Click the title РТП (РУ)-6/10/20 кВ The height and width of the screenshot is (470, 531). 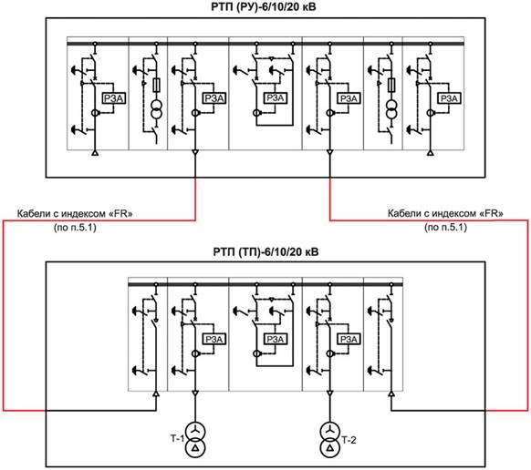coord(263,6)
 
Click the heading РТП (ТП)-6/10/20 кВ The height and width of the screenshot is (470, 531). coord(265,252)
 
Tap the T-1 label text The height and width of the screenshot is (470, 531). coord(177,438)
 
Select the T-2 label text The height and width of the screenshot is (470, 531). coord(349,440)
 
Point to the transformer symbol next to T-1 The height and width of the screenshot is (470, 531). coord(195,440)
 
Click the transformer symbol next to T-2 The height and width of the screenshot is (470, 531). coord(330,440)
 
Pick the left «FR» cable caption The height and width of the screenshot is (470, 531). coord(75,214)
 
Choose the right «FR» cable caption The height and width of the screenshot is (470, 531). coord(445,213)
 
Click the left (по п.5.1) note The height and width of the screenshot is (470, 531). coord(75,227)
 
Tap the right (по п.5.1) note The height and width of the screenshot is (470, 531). coord(445,227)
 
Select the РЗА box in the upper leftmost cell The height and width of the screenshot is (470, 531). coord(114,98)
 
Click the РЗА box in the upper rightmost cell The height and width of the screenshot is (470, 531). coord(449,98)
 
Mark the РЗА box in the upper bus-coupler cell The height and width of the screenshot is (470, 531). coord(275,98)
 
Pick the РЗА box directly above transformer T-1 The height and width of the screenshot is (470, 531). coord(214,339)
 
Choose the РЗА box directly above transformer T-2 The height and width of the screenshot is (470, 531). coord(349,339)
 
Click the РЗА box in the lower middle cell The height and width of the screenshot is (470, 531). coord(275,339)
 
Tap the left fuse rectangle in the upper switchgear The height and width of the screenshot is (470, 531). coord(156,85)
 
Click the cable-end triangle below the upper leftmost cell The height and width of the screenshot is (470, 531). coord(95,153)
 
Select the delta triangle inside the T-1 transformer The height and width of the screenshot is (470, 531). coord(195,448)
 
